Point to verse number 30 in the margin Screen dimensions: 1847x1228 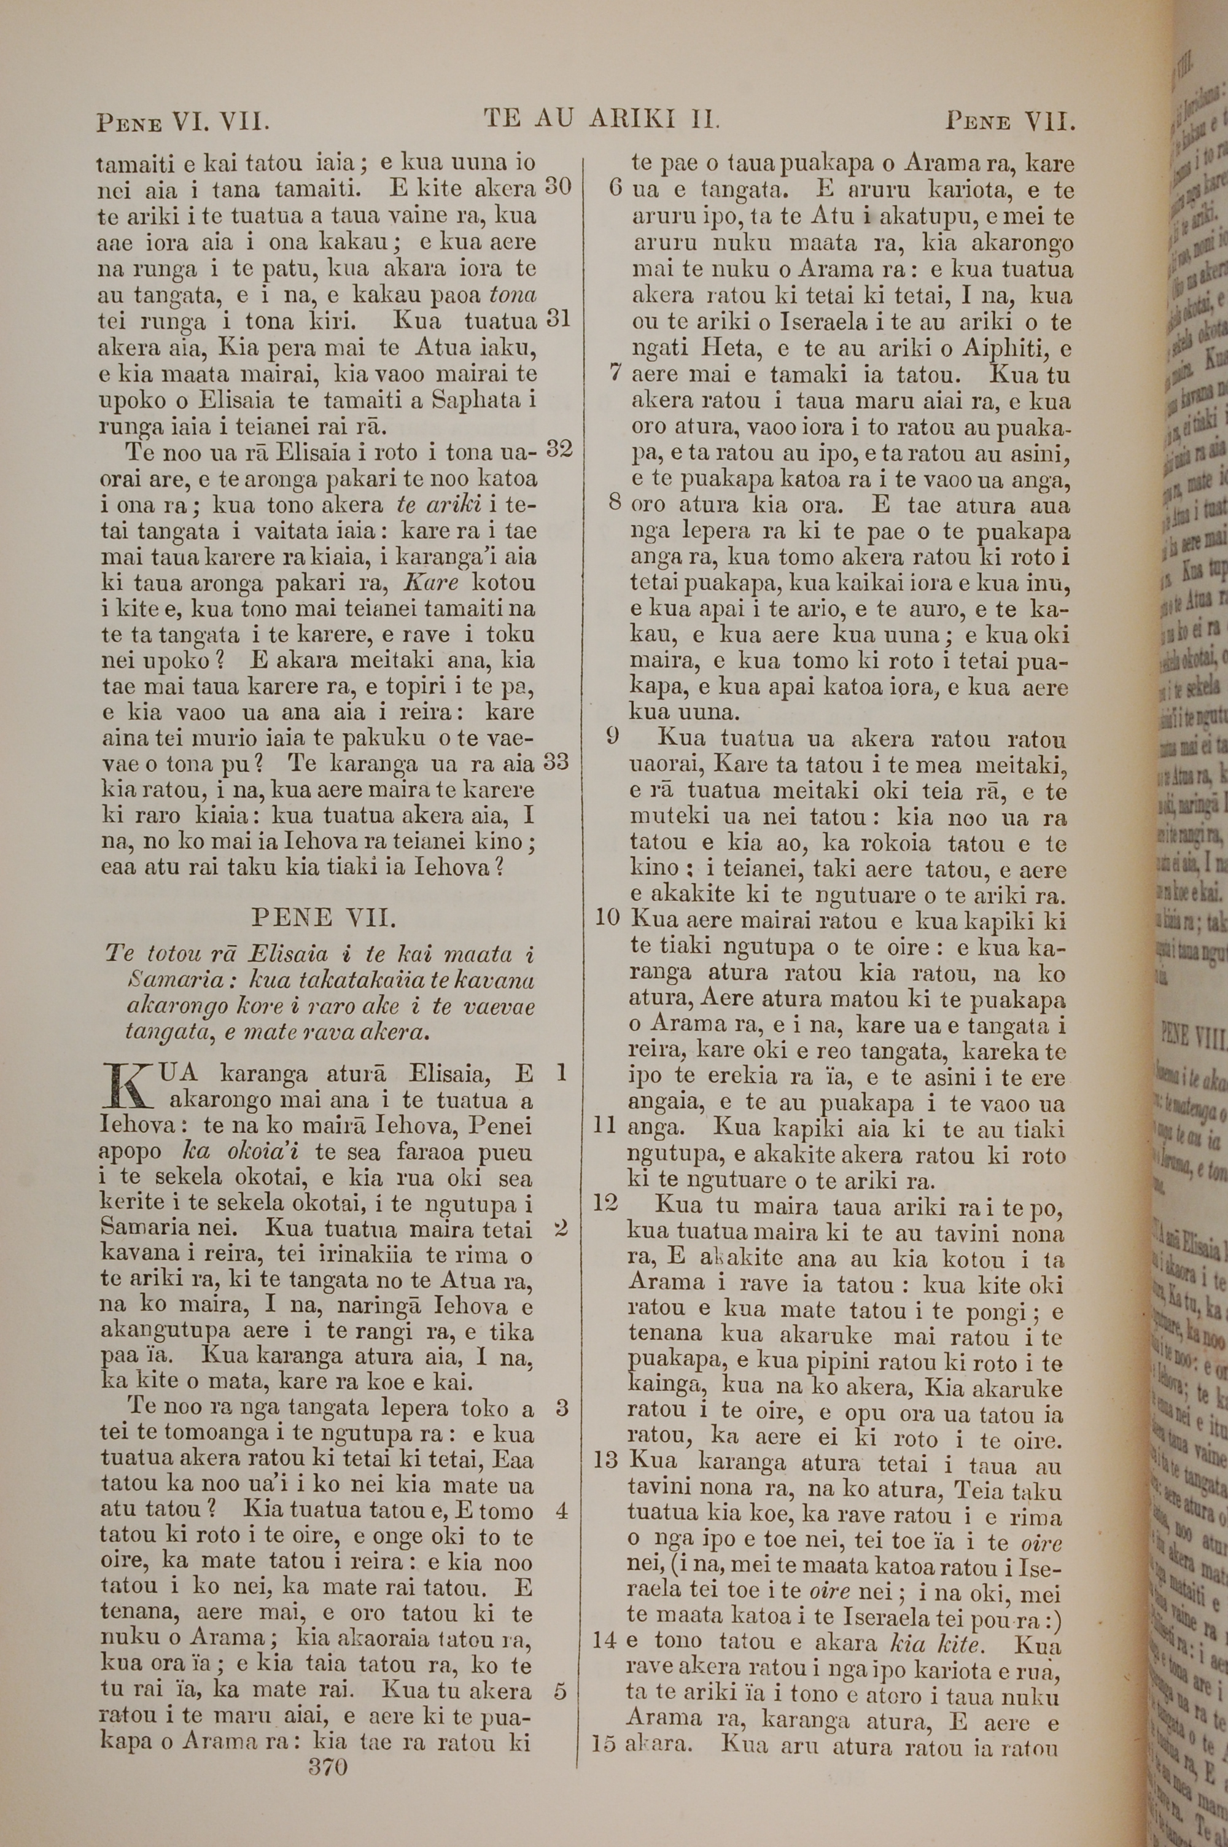pos(558,187)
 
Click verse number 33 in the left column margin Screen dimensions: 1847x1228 pos(556,762)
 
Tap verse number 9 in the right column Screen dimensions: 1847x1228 pos(613,736)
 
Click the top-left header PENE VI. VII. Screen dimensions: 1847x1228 pos(183,122)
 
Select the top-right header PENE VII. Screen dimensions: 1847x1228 pos(1009,122)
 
